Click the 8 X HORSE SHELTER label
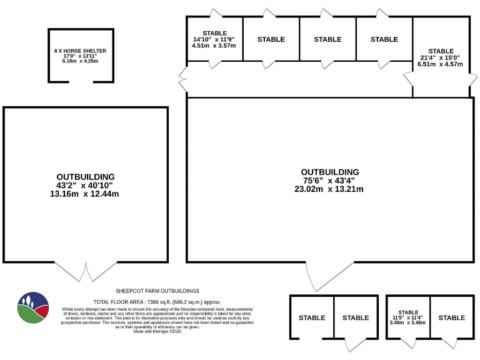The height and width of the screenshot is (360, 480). (x=80, y=50)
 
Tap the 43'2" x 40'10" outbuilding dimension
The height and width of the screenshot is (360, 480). (x=85, y=186)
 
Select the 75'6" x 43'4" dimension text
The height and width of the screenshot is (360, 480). (x=330, y=181)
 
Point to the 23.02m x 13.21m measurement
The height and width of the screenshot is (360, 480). (x=329, y=189)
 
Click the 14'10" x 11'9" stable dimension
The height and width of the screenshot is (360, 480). (x=215, y=39)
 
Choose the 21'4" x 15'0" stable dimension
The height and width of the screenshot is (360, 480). (x=441, y=57)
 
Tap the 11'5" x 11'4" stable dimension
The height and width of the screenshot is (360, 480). (x=407, y=317)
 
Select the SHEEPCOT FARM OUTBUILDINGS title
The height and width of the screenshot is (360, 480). (x=157, y=291)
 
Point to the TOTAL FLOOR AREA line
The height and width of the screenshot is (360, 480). (x=157, y=302)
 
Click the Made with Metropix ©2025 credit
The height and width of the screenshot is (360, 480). (x=157, y=332)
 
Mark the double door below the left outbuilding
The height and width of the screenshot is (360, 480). (x=85, y=271)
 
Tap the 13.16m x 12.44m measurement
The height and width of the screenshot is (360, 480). (x=84, y=194)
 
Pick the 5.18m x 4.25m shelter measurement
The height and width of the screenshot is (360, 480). (x=80, y=61)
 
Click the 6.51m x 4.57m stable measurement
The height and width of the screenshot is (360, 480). (x=441, y=64)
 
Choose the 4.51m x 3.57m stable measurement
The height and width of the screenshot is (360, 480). (x=214, y=46)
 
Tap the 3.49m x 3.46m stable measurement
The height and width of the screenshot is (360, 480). (x=407, y=323)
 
